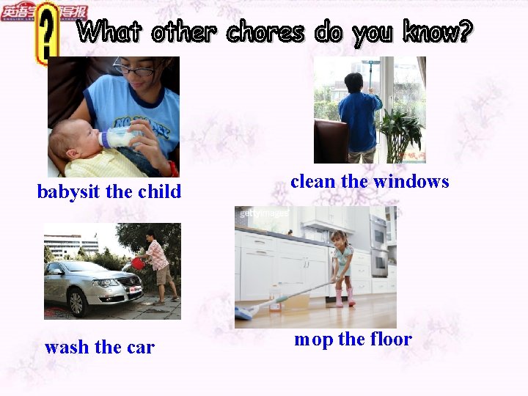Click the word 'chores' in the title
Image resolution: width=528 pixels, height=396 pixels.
[265, 32]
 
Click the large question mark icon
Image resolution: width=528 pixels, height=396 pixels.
[48, 33]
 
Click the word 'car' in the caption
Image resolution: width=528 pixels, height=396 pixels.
[139, 347]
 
